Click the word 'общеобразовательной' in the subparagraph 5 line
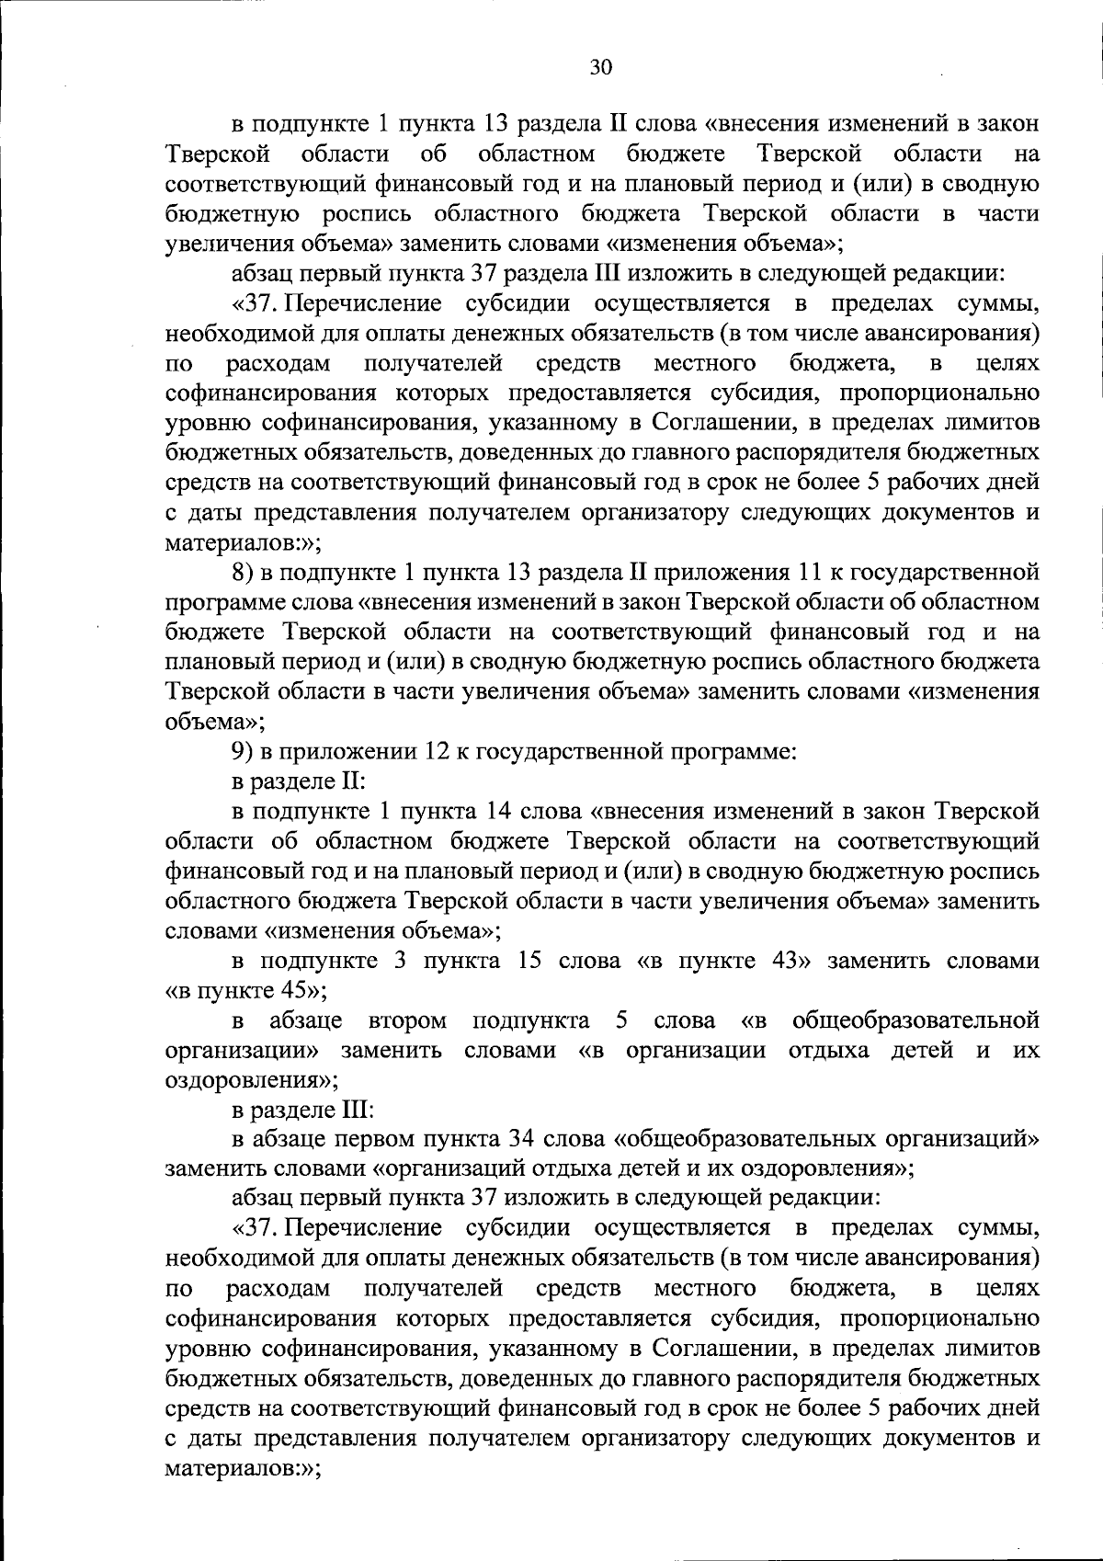point(915,1020)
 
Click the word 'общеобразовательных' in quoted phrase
point(743,1140)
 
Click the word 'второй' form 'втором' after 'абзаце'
point(406,1020)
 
